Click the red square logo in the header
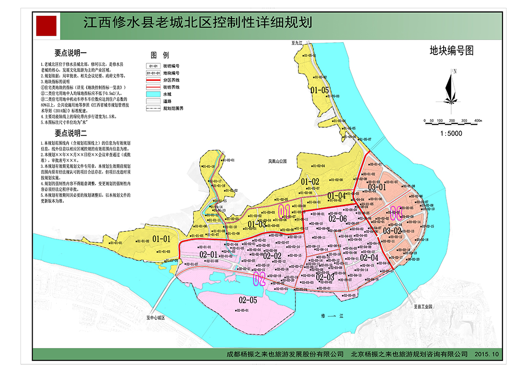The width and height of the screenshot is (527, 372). [46, 25]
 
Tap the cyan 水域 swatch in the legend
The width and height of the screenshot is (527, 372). [153, 94]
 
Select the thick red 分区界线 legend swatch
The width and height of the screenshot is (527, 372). [153, 80]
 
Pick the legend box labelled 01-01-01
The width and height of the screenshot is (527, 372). [153, 73]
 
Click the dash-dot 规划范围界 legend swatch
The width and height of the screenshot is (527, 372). [153, 109]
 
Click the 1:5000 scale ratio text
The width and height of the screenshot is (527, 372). [451, 133]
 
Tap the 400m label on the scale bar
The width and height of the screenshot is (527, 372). [477, 120]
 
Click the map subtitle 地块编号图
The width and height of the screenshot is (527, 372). [451, 50]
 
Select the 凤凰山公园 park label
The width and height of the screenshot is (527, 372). [277, 162]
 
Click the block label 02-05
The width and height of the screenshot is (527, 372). [247, 300]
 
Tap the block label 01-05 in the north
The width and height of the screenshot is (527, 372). [320, 89]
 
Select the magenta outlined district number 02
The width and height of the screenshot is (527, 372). [259, 279]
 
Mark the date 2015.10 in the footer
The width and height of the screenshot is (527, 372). [487, 354]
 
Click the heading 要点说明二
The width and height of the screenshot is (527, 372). [70, 133]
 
